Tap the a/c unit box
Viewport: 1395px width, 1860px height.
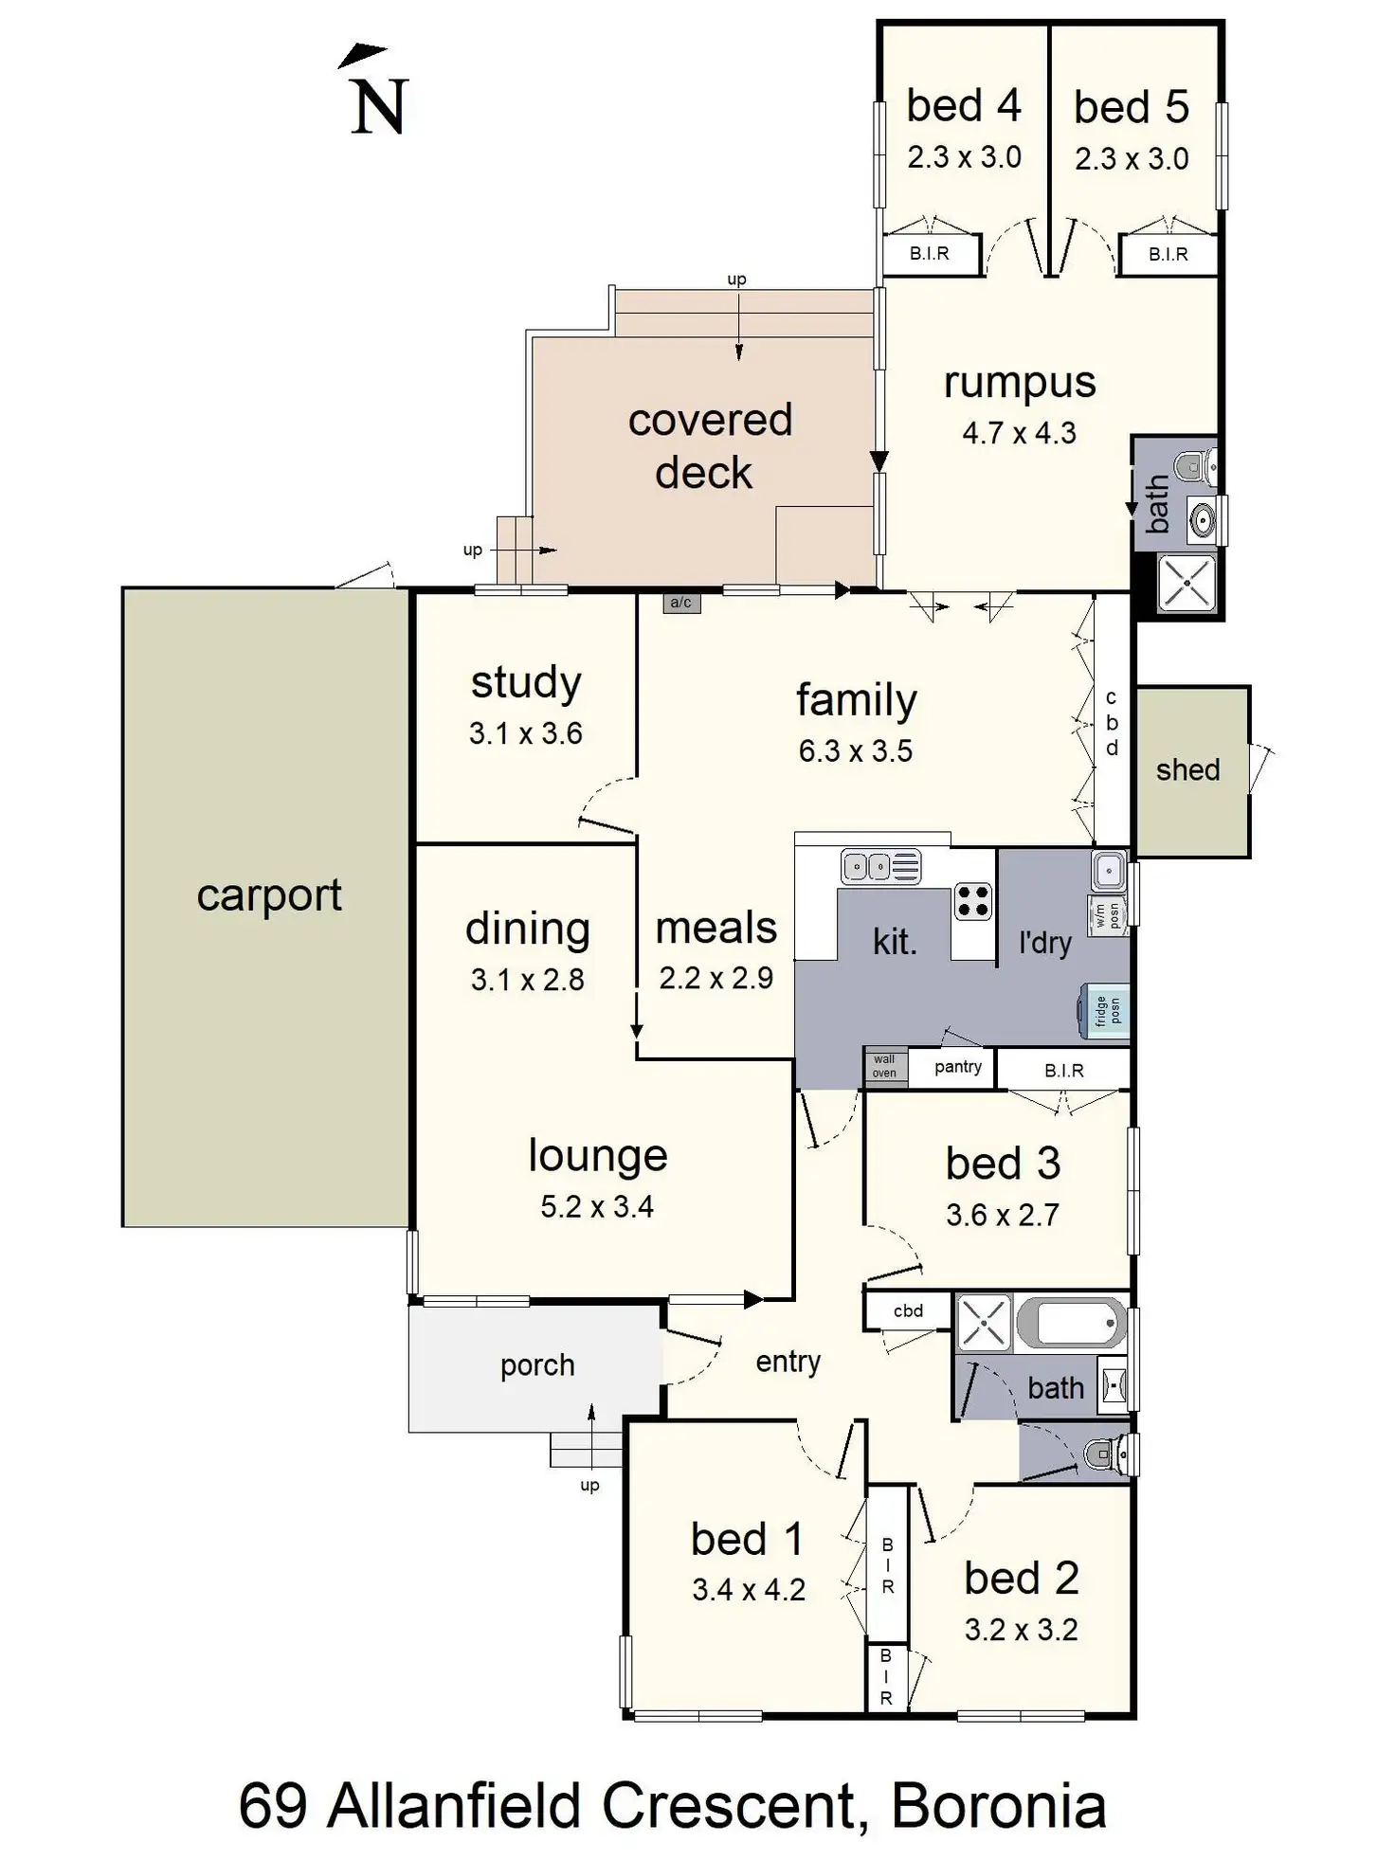[680, 603]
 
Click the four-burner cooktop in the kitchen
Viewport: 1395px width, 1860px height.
[972, 900]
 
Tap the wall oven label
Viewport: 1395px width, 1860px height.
[884, 1066]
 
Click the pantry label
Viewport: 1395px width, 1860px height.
[957, 1067]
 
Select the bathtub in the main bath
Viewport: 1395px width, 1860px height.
[1072, 1322]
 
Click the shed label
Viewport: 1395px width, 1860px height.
[1187, 769]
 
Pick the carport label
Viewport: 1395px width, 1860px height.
[269, 895]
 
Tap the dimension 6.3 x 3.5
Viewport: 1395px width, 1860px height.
[855, 751]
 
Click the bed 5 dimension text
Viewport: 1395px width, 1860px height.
[1132, 159]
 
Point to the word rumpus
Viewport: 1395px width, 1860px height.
[1020, 384]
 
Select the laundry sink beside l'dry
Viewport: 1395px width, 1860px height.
[1108, 870]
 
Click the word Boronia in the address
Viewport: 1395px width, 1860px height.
[999, 1806]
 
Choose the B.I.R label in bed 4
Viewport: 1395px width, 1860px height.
[929, 254]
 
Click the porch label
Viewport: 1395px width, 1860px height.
[537, 1366]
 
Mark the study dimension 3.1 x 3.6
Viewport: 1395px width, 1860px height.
[525, 733]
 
